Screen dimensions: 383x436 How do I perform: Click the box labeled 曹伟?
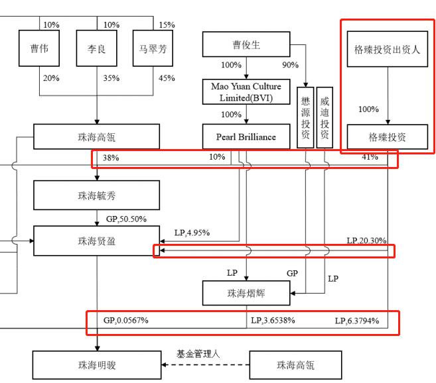click(x=39, y=50)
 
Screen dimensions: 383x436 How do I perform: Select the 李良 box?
click(x=97, y=50)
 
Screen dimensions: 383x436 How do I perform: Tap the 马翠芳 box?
click(x=153, y=50)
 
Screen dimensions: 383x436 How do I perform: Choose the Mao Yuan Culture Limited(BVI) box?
click(x=246, y=92)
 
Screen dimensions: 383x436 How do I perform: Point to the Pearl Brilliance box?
click(x=246, y=137)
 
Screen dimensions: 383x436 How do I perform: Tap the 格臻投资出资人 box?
click(x=388, y=50)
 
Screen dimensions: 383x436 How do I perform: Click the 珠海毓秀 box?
click(x=97, y=196)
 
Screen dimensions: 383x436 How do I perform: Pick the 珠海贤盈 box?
click(x=97, y=241)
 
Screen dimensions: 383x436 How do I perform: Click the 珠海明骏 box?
click(x=97, y=365)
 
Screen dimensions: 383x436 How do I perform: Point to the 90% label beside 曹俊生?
click(x=290, y=65)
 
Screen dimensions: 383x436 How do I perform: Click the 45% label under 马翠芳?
click(x=167, y=78)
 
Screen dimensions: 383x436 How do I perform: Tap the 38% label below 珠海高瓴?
click(x=111, y=158)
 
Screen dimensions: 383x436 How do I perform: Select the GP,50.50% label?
click(x=126, y=219)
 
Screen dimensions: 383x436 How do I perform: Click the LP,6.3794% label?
click(x=357, y=321)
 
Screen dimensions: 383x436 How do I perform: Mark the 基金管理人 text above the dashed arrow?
click(x=198, y=354)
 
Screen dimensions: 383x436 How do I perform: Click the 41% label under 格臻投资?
click(x=370, y=157)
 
